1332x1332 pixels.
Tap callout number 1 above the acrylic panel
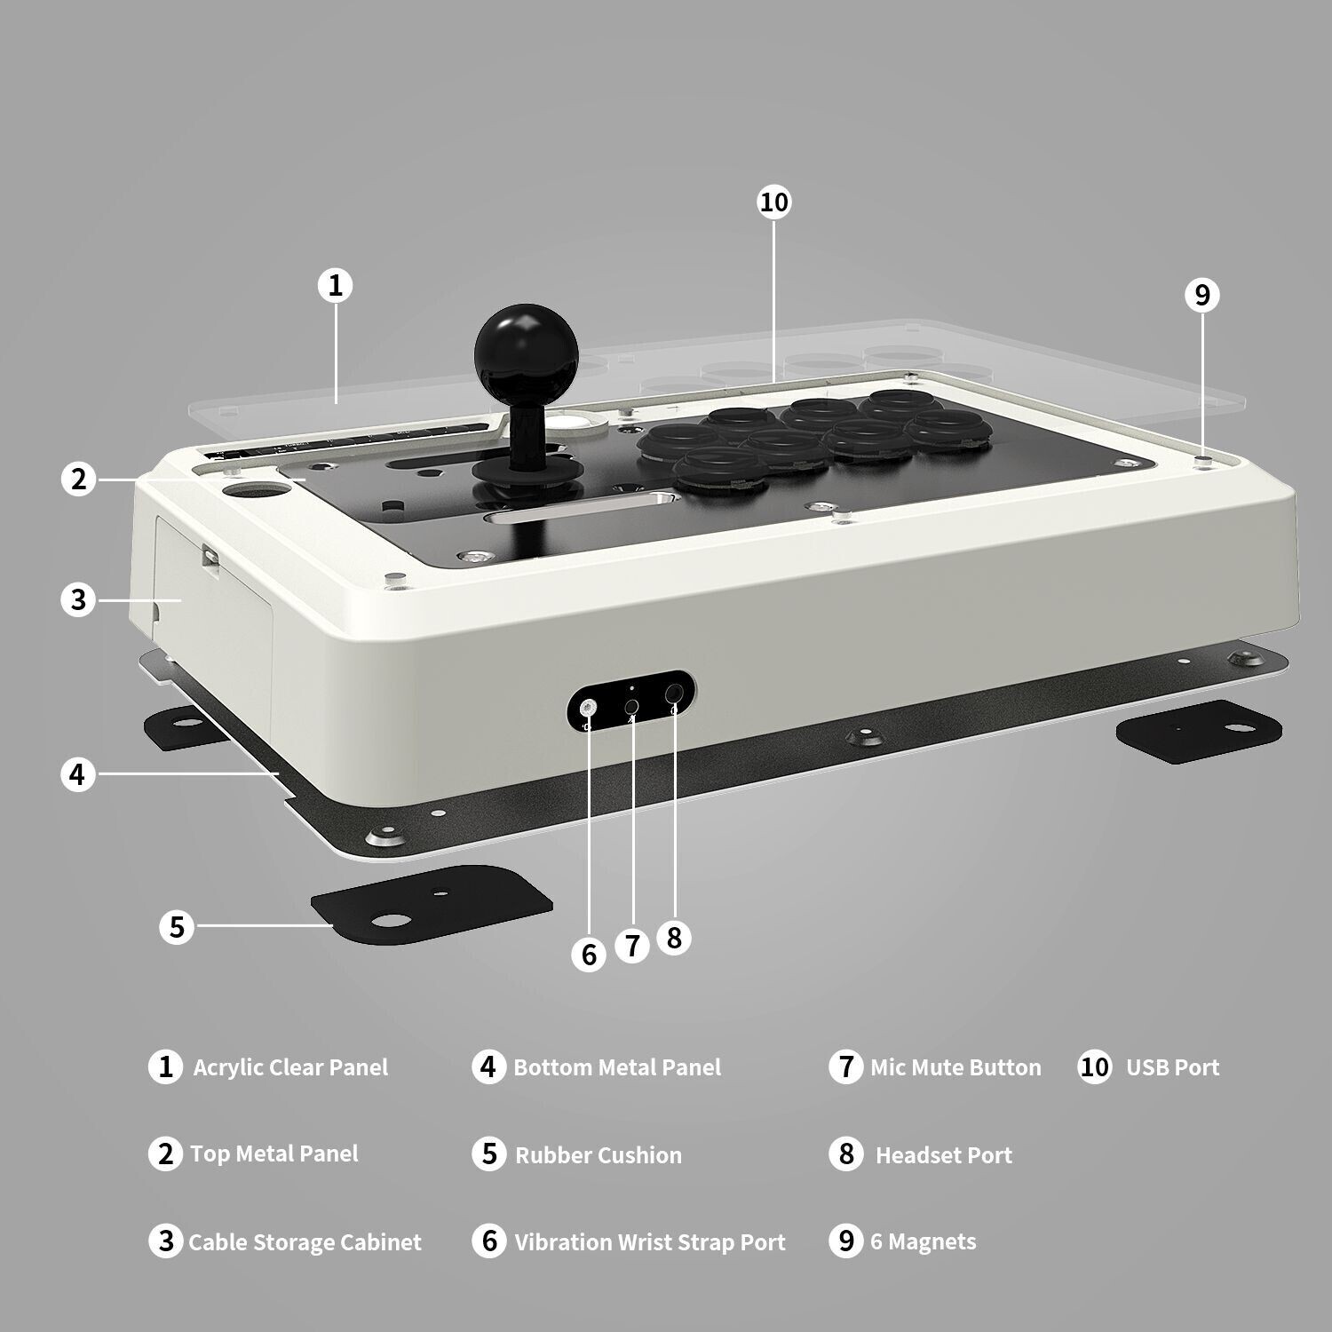click(335, 285)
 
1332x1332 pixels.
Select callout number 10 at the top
click(773, 202)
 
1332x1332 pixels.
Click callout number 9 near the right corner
click(1202, 294)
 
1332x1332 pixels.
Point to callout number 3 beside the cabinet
click(78, 599)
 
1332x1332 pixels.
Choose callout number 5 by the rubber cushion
click(177, 926)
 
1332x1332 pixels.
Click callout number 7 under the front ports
click(632, 945)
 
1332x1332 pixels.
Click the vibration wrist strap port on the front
click(588, 708)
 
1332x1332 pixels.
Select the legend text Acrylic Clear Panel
click(290, 1067)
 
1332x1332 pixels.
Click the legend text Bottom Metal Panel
click(617, 1067)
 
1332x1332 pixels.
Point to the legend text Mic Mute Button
click(955, 1067)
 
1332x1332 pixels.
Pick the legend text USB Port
click(1172, 1067)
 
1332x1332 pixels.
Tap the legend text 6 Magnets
click(924, 1241)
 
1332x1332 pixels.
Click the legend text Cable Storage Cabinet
click(305, 1242)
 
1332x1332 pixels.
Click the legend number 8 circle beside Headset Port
click(846, 1154)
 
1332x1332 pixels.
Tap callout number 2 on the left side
click(78, 479)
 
